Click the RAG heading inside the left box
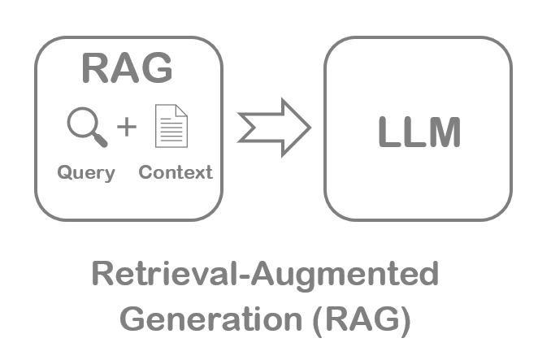point(127,69)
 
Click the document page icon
point(171,128)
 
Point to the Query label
point(85,173)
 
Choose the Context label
point(175,172)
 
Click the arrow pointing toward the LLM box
point(274,127)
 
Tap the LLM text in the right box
point(419,132)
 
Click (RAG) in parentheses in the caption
point(360,318)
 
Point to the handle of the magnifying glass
point(99,140)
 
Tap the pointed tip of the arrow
point(310,127)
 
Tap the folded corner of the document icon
point(182,113)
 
